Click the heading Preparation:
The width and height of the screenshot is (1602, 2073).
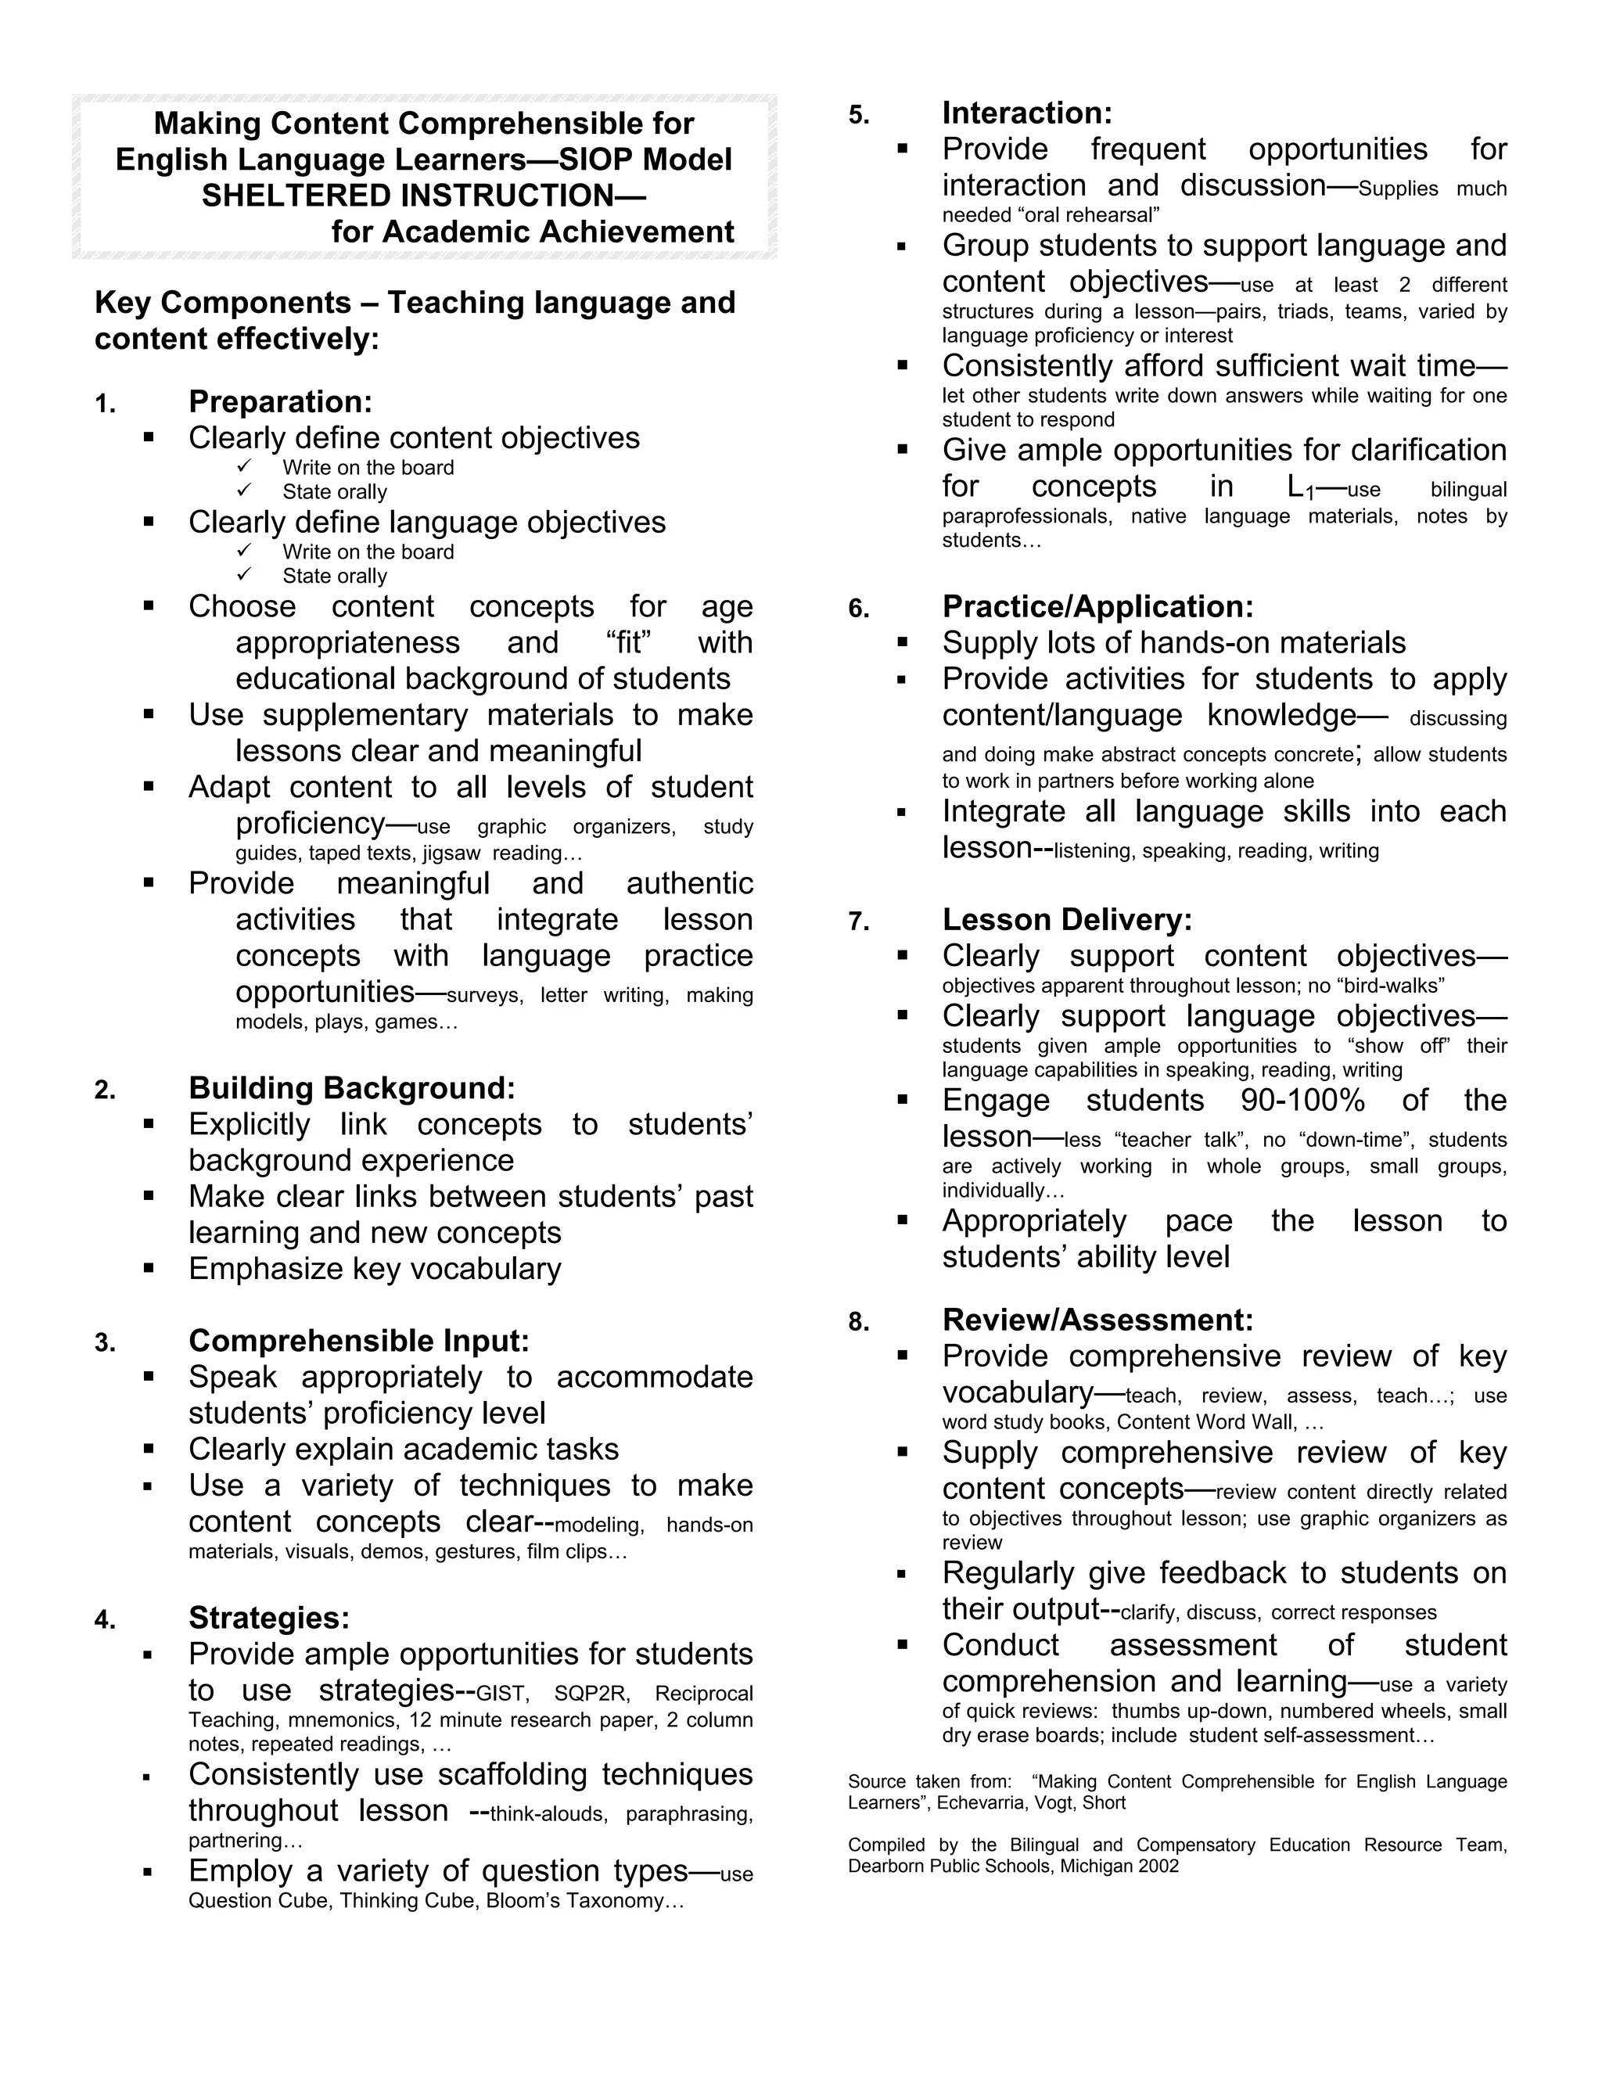[x=280, y=401]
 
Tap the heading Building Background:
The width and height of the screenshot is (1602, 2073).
[x=351, y=1088]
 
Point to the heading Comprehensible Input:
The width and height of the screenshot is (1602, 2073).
[x=359, y=1340]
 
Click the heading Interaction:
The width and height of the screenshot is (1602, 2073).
[x=1027, y=113]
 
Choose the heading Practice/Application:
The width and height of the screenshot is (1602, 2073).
[x=1097, y=606]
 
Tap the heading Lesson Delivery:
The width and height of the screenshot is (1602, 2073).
[x=1067, y=920]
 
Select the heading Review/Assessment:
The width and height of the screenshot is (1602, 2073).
[x=1097, y=1320]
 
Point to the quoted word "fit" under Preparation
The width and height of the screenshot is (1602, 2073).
[x=627, y=642]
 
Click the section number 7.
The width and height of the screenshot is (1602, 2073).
[x=858, y=922]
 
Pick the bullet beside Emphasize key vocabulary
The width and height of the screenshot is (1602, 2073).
[x=148, y=1268]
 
